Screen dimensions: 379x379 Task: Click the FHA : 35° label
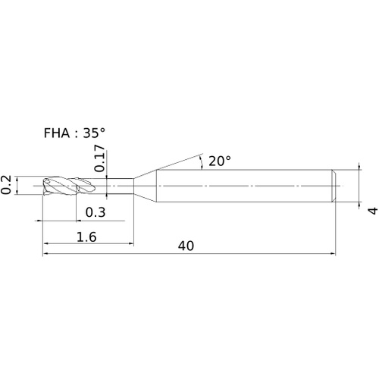[x=74, y=133]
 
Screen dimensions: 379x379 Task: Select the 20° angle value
[x=220, y=161]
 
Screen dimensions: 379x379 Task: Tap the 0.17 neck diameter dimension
[x=99, y=158]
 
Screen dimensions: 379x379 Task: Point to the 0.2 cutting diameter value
[x=5, y=185]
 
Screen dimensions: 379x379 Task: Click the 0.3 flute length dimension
[x=96, y=212]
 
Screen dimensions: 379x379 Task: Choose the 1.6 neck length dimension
[x=86, y=237]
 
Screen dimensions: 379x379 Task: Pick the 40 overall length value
[x=186, y=246]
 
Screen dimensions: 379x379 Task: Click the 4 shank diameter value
[x=373, y=211]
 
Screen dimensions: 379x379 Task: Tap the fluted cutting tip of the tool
[x=69, y=186]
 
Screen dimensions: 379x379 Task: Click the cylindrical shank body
[x=244, y=186]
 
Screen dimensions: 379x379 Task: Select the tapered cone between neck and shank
[x=145, y=186]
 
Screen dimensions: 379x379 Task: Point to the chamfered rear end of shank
[x=334, y=186]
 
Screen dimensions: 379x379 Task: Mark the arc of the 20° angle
[x=202, y=162]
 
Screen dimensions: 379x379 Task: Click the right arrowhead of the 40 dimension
[x=333, y=253]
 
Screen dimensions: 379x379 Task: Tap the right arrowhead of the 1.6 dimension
[x=130, y=243]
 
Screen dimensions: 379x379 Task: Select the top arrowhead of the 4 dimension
[x=359, y=167]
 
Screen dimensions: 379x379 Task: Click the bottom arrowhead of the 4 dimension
[x=359, y=205]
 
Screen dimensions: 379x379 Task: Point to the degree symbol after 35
[x=102, y=130]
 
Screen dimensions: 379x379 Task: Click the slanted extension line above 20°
[x=180, y=161]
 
